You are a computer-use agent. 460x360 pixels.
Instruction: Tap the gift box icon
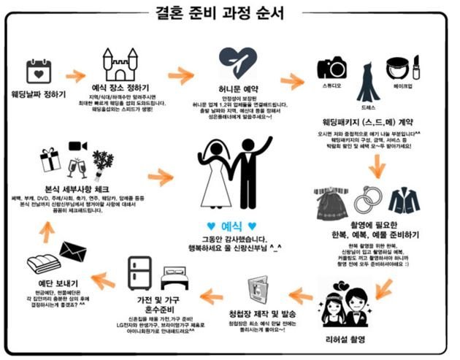point(50,159)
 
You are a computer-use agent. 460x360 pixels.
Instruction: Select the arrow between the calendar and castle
point(76,75)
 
